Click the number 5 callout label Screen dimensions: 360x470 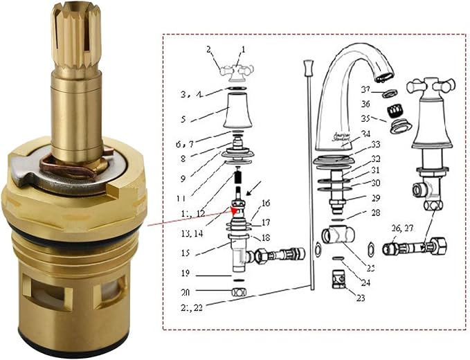click(x=183, y=119)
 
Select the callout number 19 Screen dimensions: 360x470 click(x=184, y=273)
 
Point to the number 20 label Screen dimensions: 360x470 click(x=184, y=292)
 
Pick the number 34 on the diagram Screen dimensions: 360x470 click(x=365, y=134)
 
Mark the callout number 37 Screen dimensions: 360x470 click(x=365, y=89)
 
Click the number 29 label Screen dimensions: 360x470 click(x=375, y=198)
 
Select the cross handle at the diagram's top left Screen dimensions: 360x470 click(x=236, y=71)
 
